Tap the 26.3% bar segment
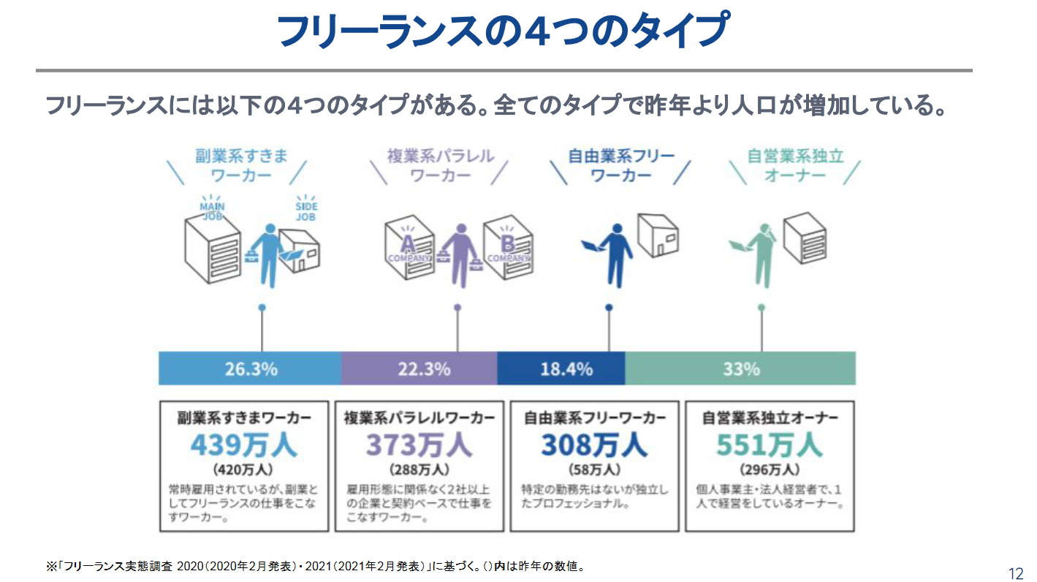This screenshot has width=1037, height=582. pos(250,369)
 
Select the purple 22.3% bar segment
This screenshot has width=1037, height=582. pos(419,369)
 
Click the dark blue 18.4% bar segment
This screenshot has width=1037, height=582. pos(561,369)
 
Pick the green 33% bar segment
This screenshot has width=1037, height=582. pos(740,369)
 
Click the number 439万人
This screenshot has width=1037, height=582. pos(244,445)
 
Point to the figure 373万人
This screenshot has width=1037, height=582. pos(419,445)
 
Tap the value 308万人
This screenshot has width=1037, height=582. pos(594,445)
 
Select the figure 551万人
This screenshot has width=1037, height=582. pos(770,445)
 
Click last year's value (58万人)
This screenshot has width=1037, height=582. pos(594,469)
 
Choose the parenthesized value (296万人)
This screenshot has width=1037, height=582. pos(770,469)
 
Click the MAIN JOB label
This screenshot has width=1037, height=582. pos(212,211)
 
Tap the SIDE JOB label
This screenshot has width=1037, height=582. pos(307,211)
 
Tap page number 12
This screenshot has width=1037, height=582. pos(1015,573)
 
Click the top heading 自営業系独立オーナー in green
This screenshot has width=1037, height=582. pos(795,166)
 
